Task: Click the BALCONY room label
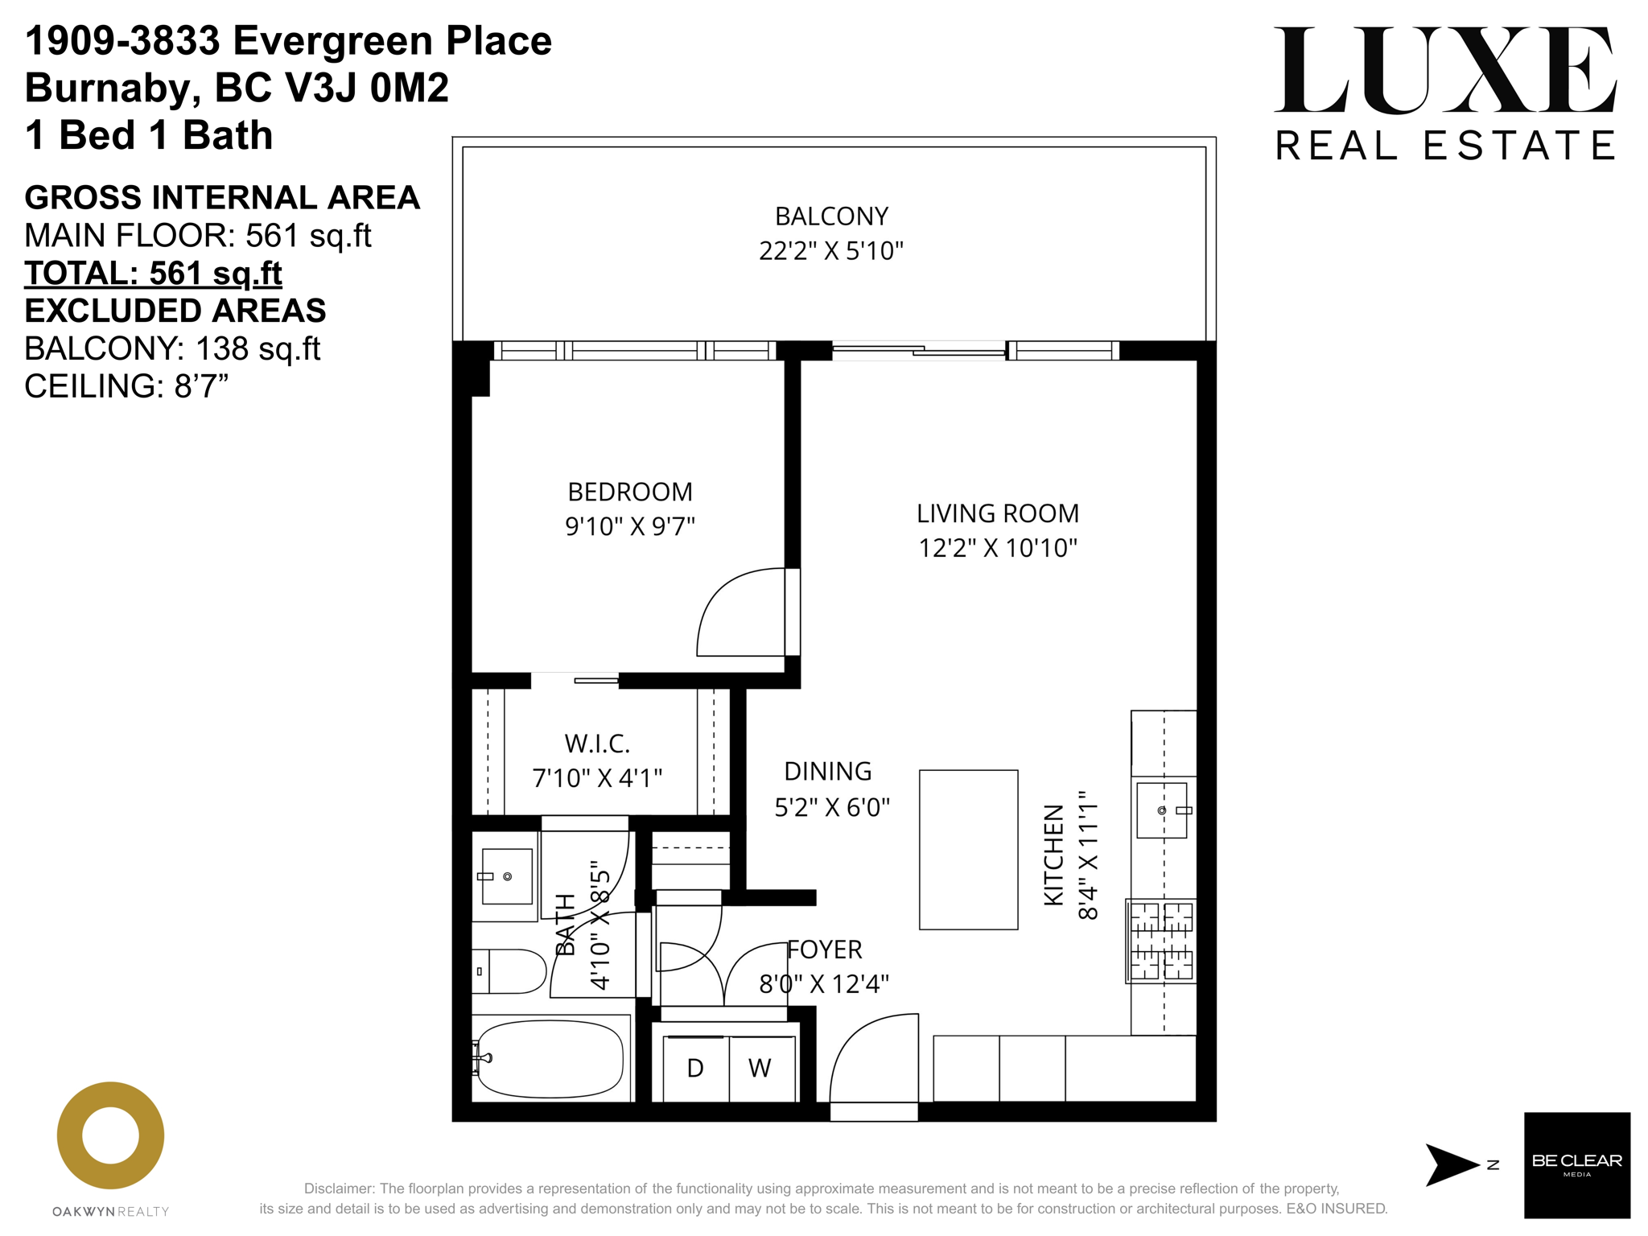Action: click(831, 216)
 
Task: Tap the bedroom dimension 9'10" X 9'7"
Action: click(630, 526)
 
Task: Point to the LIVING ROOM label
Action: click(998, 513)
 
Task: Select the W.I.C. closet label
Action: click(597, 744)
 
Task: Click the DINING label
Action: click(828, 772)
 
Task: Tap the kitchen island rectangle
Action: click(969, 850)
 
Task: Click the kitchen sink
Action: click(1163, 810)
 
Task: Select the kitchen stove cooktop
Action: click(1161, 941)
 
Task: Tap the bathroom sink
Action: click(505, 875)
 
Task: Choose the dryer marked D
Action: click(696, 1069)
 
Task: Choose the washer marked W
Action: click(761, 1069)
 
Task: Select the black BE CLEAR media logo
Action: click(1577, 1165)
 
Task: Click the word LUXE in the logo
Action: click(1445, 70)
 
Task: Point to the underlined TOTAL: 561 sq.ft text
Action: click(153, 274)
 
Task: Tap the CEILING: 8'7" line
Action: click(126, 386)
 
